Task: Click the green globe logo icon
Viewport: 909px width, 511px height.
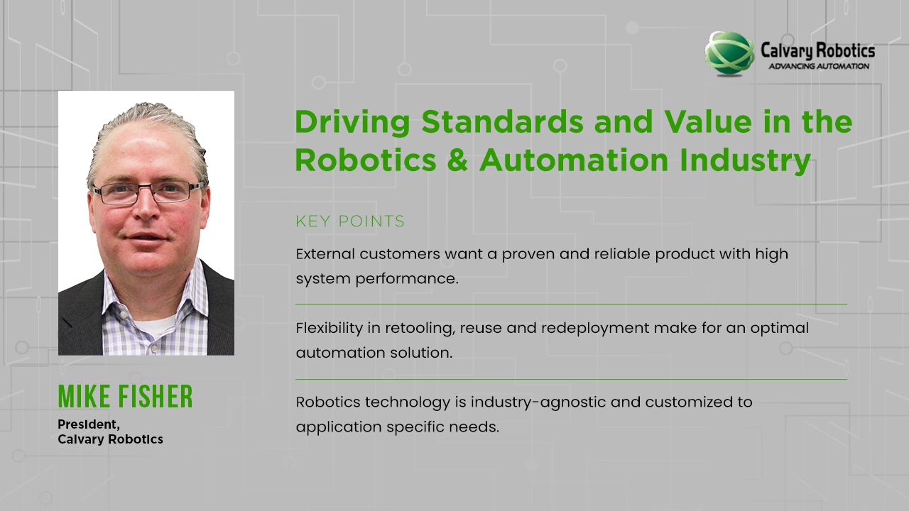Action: [x=729, y=53]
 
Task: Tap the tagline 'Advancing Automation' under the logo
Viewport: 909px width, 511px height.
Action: [x=819, y=66]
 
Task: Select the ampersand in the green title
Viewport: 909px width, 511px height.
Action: [x=458, y=160]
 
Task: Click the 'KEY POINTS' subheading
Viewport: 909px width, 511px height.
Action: [x=350, y=221]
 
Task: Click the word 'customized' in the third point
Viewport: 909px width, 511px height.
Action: [x=680, y=402]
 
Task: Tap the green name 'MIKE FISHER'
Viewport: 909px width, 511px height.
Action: [x=125, y=397]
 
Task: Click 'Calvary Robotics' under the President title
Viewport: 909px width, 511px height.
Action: [x=110, y=439]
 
